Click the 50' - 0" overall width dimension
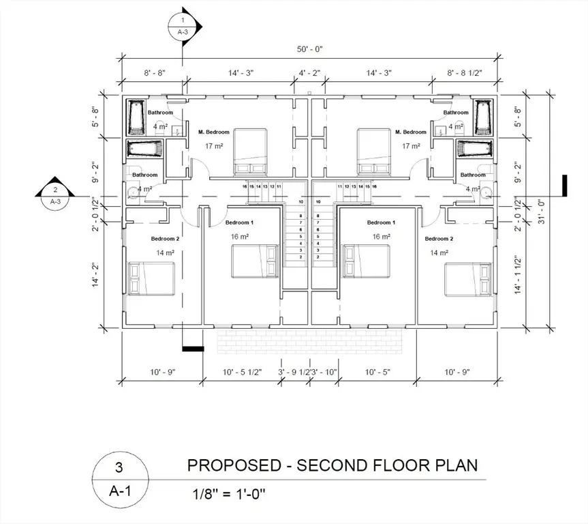tap(310, 49)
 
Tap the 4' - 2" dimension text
tap(310, 72)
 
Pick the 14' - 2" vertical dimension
tap(96, 276)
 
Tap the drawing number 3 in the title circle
tap(120, 469)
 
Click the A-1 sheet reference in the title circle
tap(120, 492)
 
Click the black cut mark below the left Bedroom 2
tap(191, 349)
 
